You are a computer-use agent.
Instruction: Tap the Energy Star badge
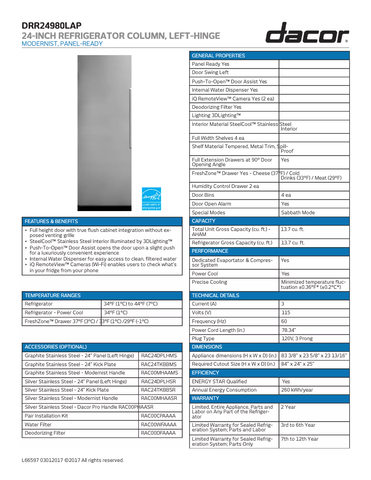[x=151, y=199]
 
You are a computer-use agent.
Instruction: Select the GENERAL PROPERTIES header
[x=218, y=56]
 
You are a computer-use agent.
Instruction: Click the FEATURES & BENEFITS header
[x=51, y=221]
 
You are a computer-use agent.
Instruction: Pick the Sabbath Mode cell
[x=298, y=212]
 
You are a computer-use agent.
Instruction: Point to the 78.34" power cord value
[x=289, y=330]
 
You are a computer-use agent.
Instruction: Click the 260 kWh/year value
[x=297, y=390]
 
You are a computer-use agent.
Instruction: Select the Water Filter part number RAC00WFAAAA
[x=159, y=424]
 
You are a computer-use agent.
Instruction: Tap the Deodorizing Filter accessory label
[x=45, y=433]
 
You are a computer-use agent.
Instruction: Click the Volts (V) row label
[x=202, y=312]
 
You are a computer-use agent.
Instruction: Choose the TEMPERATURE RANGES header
[x=53, y=295]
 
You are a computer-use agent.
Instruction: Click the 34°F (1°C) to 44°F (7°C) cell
[x=130, y=304]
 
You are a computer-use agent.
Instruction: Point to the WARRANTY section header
[x=205, y=398]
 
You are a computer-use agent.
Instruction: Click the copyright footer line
[x=73, y=460]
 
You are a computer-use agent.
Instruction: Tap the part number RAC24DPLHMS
[x=159, y=355]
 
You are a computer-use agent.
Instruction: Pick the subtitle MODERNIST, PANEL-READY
[x=62, y=44]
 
